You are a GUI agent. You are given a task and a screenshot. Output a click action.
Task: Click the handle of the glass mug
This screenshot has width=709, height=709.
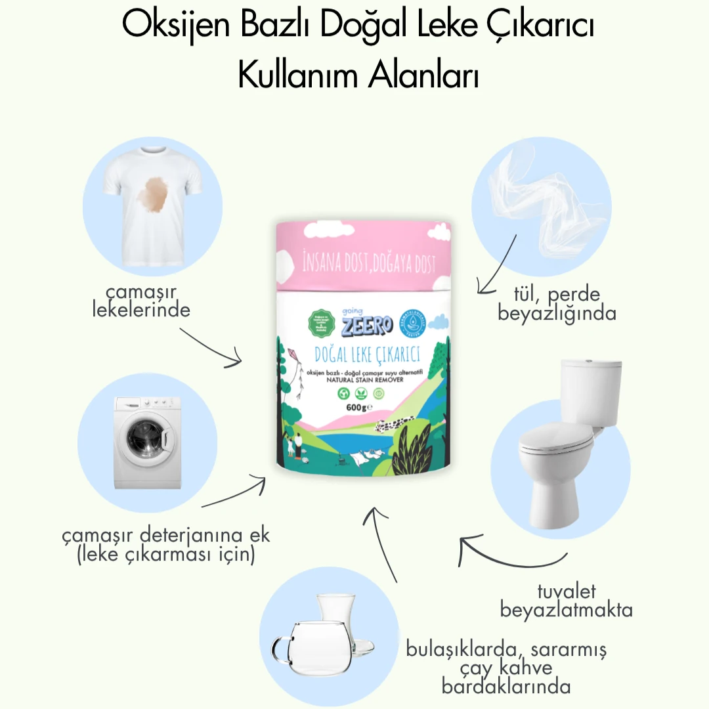tap(282, 648)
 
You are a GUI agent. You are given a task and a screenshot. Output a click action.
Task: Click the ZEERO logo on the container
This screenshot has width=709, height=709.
tap(366, 323)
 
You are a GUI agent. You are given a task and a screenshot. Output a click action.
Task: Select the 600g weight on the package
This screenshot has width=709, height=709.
tap(358, 408)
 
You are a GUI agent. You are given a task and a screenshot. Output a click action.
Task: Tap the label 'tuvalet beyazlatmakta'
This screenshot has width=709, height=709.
tap(566, 601)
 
